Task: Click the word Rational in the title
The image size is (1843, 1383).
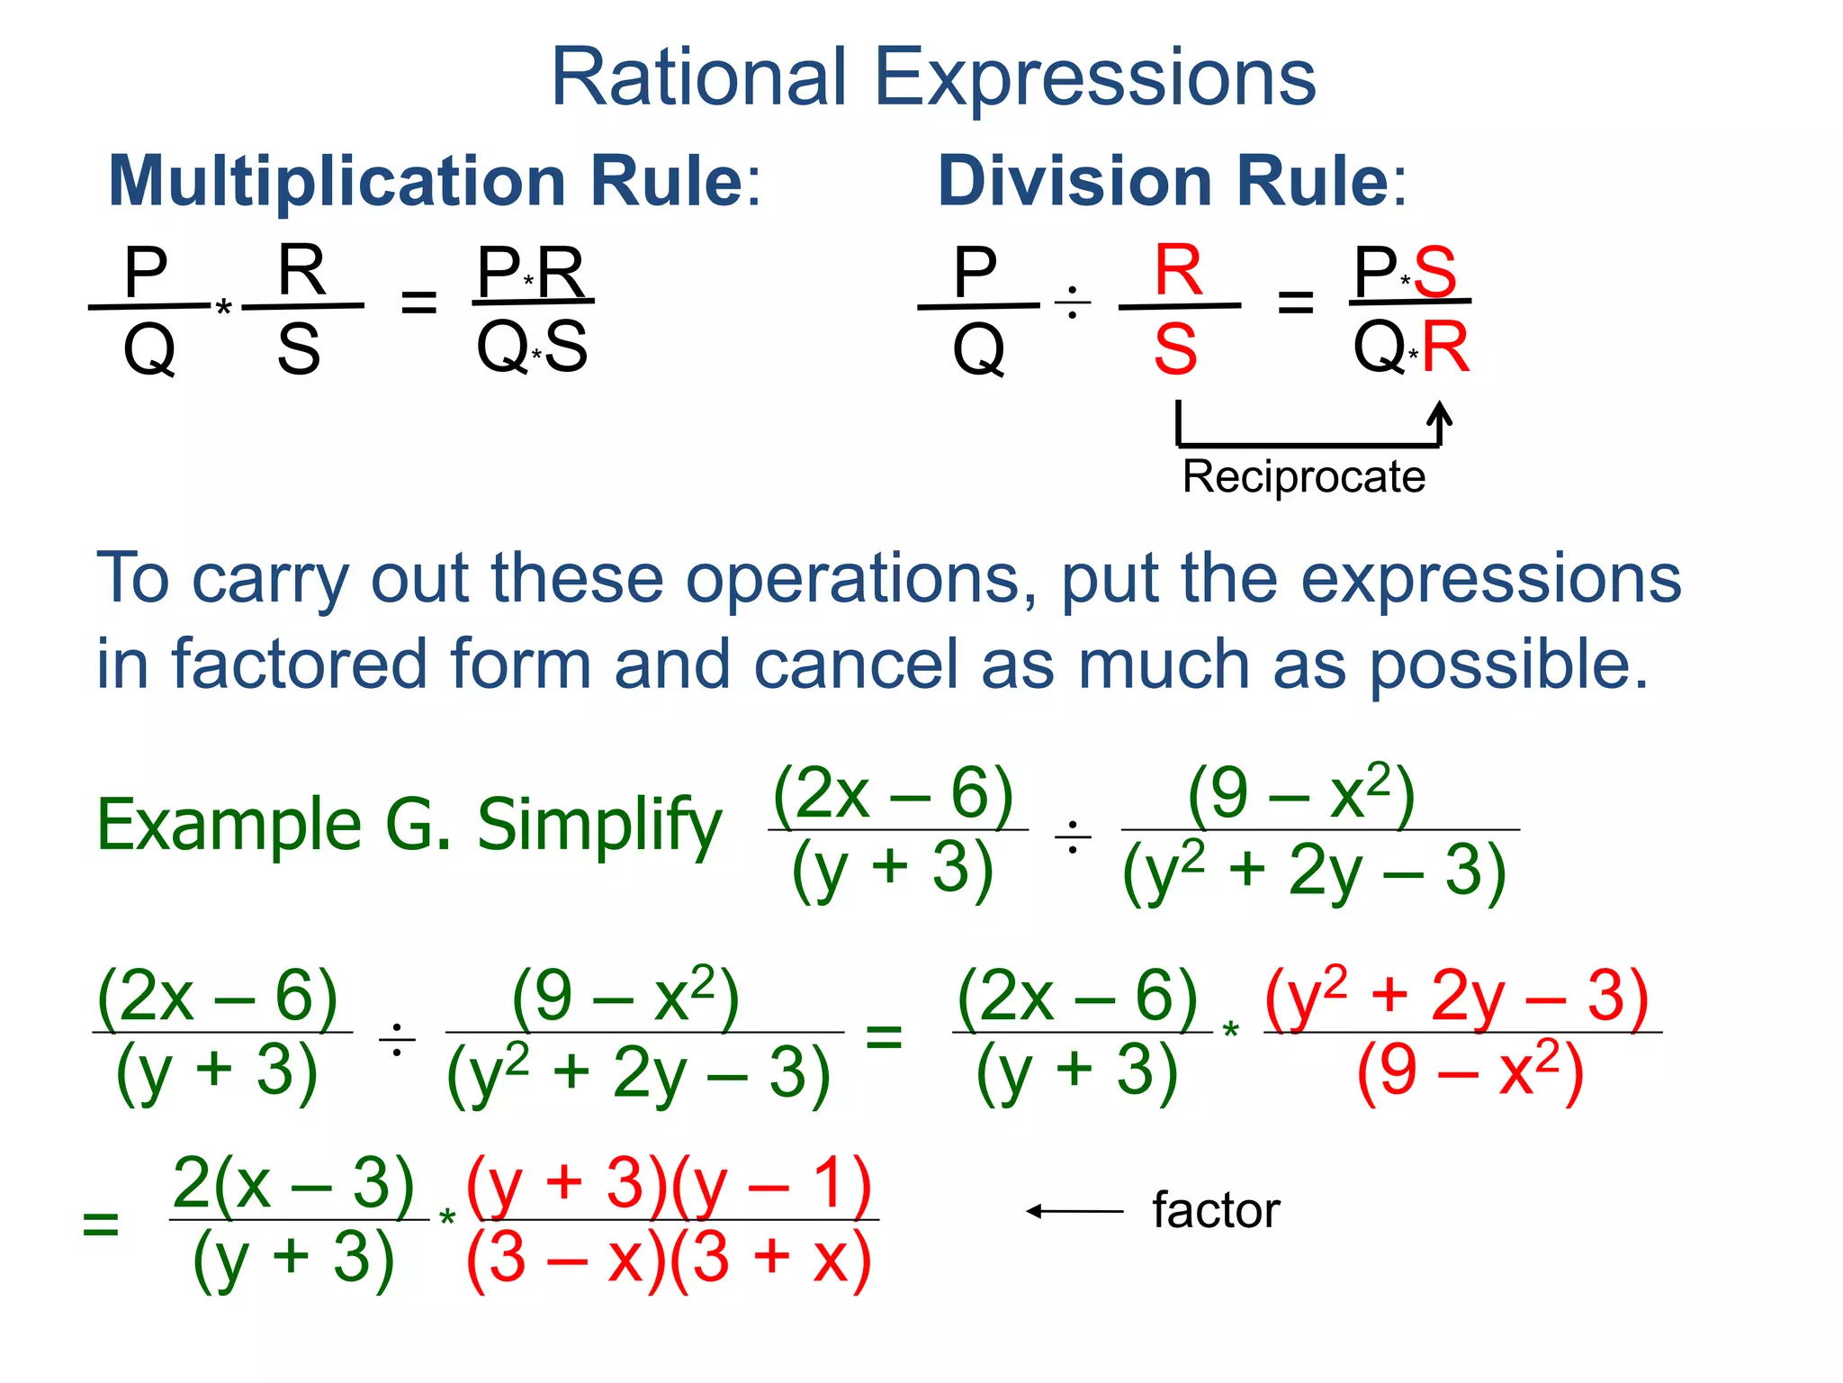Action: pyautogui.click(x=698, y=78)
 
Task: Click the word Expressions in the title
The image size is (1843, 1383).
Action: pyautogui.click(x=1095, y=78)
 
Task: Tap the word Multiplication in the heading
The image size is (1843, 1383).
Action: pyautogui.click(x=336, y=182)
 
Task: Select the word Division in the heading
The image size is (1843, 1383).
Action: pyautogui.click(x=1074, y=182)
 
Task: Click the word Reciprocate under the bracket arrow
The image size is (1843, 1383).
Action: pyautogui.click(x=1303, y=476)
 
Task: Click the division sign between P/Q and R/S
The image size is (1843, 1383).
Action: pyautogui.click(x=1072, y=303)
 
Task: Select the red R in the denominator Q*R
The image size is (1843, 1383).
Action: pyautogui.click(x=1445, y=348)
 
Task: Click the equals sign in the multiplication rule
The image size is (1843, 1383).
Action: pyautogui.click(x=418, y=303)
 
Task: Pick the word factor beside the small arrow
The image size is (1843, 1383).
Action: pyautogui.click(x=1216, y=1210)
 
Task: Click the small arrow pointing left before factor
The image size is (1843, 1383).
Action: pyautogui.click(x=1074, y=1211)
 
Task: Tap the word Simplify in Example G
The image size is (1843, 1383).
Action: pyautogui.click(x=598, y=824)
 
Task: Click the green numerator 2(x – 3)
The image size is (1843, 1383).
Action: pyautogui.click(x=293, y=1182)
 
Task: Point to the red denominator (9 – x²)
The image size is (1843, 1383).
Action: pyautogui.click(x=1470, y=1071)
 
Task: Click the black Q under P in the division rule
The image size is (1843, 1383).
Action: pyautogui.click(x=978, y=348)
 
